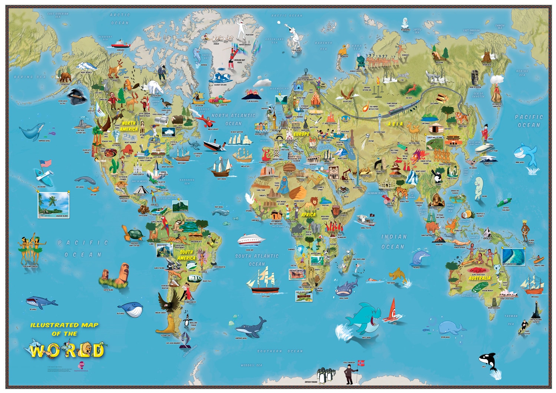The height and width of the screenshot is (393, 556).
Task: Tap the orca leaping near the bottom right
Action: click(x=486, y=360)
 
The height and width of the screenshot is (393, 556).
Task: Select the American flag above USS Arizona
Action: click(x=46, y=164)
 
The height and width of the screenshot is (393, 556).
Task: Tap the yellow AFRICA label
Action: click(x=308, y=215)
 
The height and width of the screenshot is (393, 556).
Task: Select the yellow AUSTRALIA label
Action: click(x=479, y=278)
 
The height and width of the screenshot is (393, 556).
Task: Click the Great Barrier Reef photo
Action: click(x=513, y=257)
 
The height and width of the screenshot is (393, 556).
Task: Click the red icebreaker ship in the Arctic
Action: click(x=121, y=44)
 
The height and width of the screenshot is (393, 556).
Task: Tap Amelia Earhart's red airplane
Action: click(x=203, y=119)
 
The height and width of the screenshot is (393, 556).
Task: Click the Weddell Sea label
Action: click(x=251, y=365)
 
